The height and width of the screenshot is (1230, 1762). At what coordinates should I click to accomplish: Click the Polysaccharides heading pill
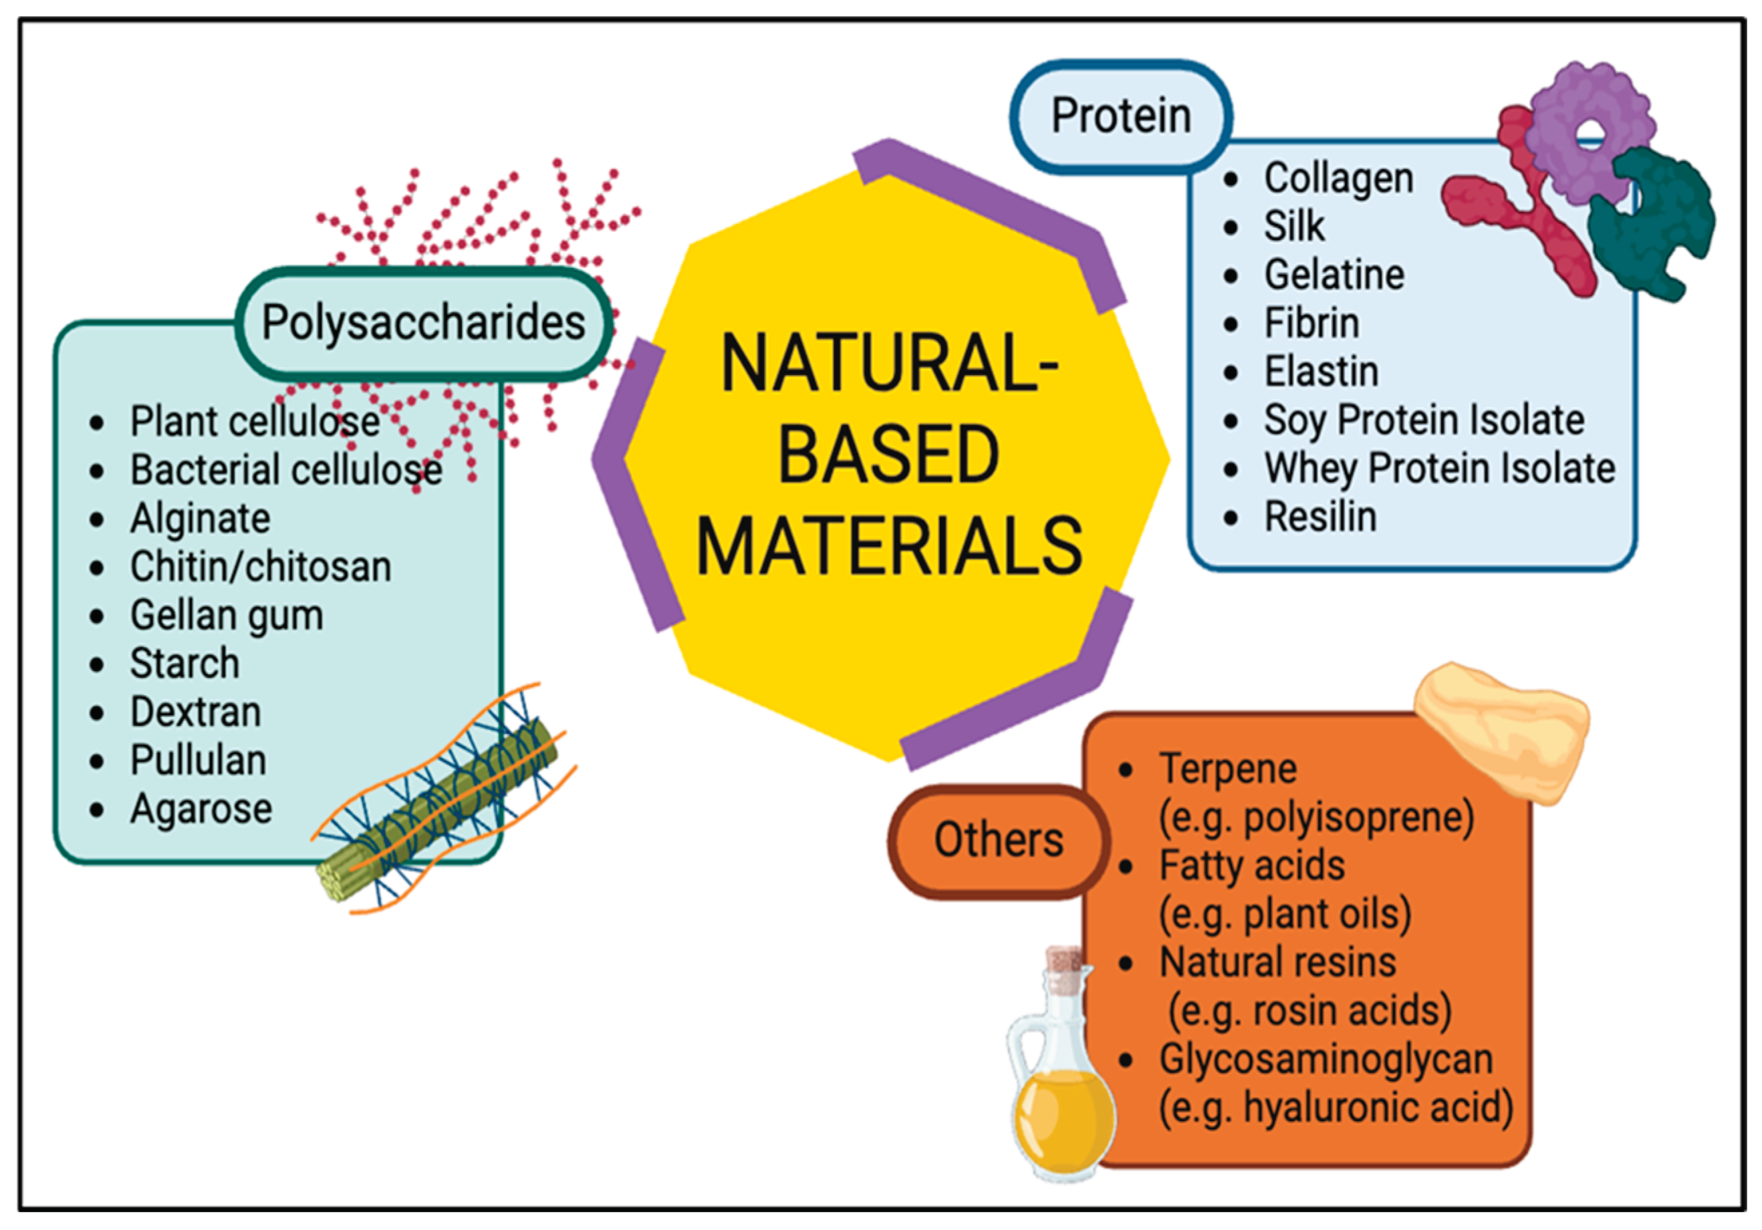(423, 323)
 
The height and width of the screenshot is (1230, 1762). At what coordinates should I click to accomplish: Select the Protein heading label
(1120, 116)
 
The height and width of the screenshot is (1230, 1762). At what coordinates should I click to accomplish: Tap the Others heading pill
(999, 840)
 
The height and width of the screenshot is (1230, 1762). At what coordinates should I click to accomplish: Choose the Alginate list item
(200, 519)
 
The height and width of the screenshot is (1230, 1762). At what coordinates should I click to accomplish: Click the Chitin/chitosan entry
(260, 567)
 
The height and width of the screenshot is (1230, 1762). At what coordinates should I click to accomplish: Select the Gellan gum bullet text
(227, 616)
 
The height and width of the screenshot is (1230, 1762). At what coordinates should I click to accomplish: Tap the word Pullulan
(198, 761)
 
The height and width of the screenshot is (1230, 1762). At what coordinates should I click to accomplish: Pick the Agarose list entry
(201, 809)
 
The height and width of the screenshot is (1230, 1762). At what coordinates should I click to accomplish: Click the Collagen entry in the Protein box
(1338, 178)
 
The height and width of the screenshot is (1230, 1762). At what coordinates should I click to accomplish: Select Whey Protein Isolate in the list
(1439, 469)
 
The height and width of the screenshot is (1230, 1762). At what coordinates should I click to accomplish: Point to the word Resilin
(1320, 517)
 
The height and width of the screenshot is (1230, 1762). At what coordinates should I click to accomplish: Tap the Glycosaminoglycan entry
(1326, 1060)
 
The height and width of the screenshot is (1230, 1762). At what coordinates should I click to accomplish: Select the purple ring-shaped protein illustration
(1590, 130)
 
